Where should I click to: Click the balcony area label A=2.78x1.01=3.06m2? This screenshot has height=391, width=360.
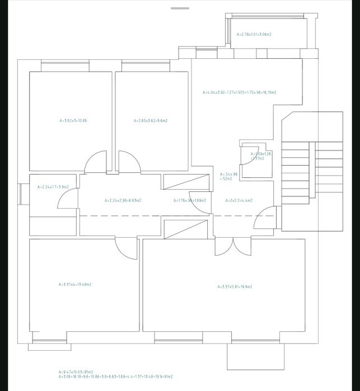(254, 34)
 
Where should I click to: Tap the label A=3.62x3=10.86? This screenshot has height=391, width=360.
(73, 120)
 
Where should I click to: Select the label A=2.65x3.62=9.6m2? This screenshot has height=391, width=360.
(151, 120)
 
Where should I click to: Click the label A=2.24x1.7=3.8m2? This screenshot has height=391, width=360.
(53, 187)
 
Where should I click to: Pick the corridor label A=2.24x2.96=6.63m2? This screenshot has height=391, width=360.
(123, 200)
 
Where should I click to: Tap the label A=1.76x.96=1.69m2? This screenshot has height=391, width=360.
(189, 200)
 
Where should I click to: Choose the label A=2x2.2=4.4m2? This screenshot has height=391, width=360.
(239, 200)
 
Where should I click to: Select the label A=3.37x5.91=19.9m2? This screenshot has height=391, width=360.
(234, 286)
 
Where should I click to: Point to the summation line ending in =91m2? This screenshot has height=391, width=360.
(115, 376)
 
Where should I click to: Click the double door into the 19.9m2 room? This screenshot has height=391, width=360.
(233, 247)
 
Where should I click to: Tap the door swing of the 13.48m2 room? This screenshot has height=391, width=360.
(125, 246)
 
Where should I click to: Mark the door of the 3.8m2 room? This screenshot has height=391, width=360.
(68, 198)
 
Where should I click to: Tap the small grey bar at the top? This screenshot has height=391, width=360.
(180, 8)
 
